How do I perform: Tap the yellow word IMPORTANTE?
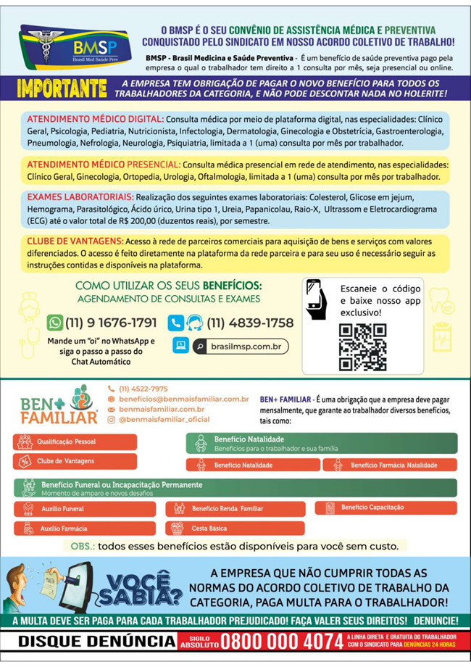(63, 88)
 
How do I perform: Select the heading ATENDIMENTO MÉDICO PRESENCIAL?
(104, 165)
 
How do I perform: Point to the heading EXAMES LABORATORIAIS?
(80, 196)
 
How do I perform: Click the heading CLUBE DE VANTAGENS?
(75, 241)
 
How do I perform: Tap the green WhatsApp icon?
(54, 323)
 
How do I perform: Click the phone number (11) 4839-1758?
(250, 323)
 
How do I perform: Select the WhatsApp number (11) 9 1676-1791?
(111, 323)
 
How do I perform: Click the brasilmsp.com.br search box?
(240, 347)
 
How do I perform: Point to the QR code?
(362, 347)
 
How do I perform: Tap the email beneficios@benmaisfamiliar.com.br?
(183, 399)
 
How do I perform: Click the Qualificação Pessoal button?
(75, 441)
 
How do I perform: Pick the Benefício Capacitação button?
(385, 507)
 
